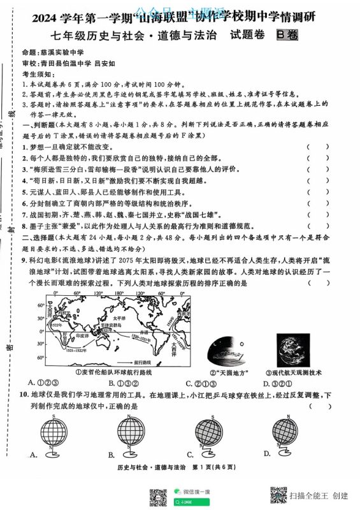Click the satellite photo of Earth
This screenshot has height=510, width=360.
coord(293,347)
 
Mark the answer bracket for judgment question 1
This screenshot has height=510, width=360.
coord(318,147)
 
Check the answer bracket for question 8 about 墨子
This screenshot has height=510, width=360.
coord(318,226)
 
